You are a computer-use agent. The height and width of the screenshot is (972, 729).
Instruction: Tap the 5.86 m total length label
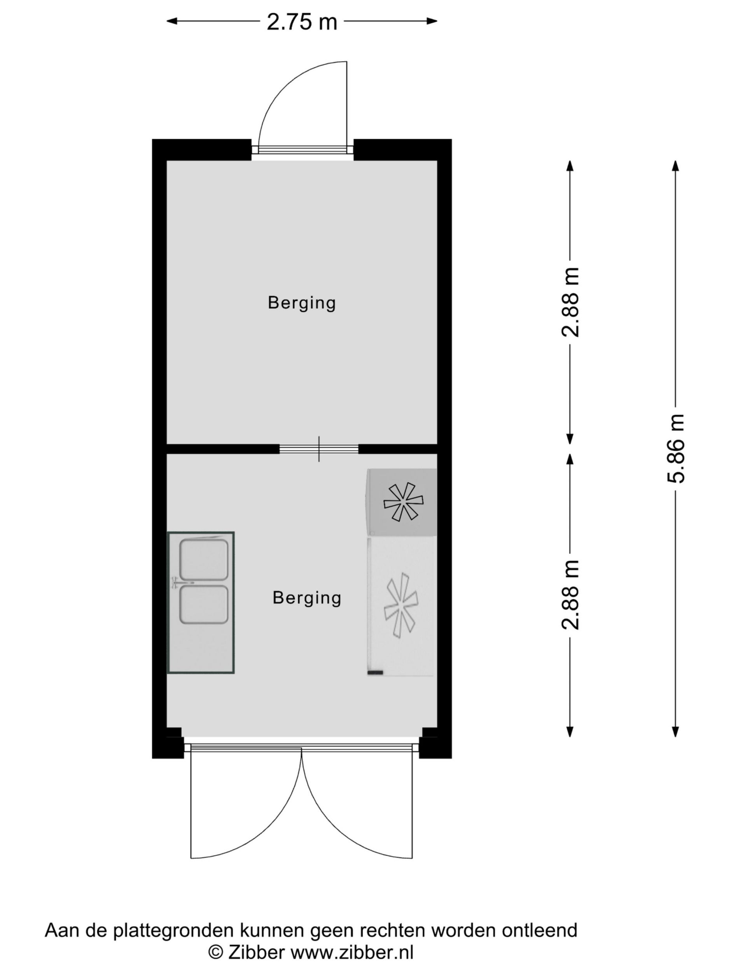click(676, 449)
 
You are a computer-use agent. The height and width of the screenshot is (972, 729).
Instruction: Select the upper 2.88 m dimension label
click(570, 302)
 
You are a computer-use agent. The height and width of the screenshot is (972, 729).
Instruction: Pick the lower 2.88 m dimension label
click(570, 595)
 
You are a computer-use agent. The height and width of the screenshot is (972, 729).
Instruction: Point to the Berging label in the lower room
click(307, 598)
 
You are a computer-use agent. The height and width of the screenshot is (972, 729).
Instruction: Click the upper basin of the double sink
click(204, 559)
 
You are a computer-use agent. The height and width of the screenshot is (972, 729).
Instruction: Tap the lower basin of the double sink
click(204, 605)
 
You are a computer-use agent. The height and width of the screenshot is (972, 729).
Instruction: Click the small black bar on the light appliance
click(375, 672)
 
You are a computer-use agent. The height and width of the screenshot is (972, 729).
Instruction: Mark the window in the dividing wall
click(319, 449)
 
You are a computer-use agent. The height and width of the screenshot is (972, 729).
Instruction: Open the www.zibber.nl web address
click(352, 953)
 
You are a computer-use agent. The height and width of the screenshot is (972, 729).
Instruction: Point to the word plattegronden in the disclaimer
click(175, 932)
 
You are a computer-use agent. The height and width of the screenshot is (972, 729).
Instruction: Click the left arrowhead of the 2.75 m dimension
click(172, 21)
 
